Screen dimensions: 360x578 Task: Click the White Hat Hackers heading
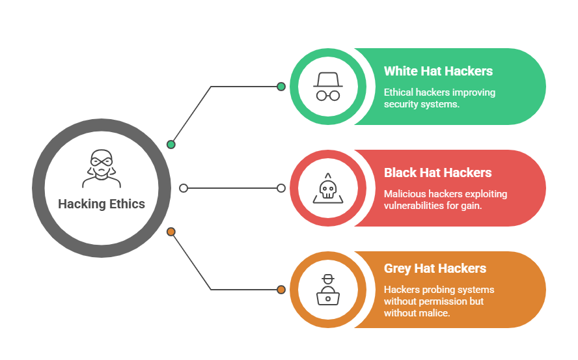point(438,71)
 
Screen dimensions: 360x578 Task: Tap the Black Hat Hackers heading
point(437,173)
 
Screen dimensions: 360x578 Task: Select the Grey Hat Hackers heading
point(435,268)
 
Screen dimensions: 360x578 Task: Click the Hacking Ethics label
point(102,204)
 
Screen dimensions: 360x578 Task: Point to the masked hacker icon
point(101,169)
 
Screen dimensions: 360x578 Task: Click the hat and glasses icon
point(327,87)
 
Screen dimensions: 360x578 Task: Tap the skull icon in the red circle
point(327,188)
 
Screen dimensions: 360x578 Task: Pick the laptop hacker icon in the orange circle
point(327,290)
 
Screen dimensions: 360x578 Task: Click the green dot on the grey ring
point(171,145)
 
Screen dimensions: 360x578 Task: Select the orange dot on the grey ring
point(171,232)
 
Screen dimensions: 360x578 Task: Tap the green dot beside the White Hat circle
point(281,87)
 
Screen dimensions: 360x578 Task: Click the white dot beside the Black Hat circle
point(281,188)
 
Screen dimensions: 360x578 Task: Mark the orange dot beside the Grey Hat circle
point(281,290)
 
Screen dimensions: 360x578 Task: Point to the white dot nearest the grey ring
point(184,188)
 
